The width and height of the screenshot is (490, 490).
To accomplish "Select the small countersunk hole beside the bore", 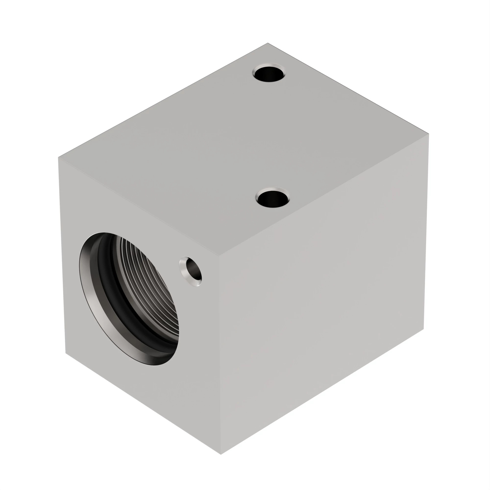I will click(192, 271).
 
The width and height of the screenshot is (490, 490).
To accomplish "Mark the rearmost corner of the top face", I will click(268, 43).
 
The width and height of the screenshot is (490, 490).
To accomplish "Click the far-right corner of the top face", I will click(429, 135).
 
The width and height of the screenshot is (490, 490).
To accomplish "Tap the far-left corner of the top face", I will click(58, 158).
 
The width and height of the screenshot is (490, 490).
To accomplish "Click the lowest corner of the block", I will click(221, 454).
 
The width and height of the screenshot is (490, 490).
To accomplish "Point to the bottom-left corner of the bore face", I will click(66, 353).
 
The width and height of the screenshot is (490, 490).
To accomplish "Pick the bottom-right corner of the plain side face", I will click(424, 329).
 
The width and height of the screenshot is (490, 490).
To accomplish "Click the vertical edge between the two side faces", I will click(220, 355).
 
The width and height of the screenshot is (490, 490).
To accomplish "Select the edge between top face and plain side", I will click(324, 194).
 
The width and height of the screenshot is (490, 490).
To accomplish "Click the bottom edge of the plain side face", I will click(322, 392).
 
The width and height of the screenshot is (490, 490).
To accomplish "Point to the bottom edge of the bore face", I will click(143, 404).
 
